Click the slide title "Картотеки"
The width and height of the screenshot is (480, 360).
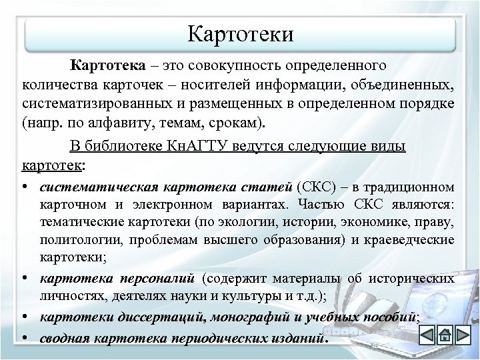(x=240, y=33)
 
